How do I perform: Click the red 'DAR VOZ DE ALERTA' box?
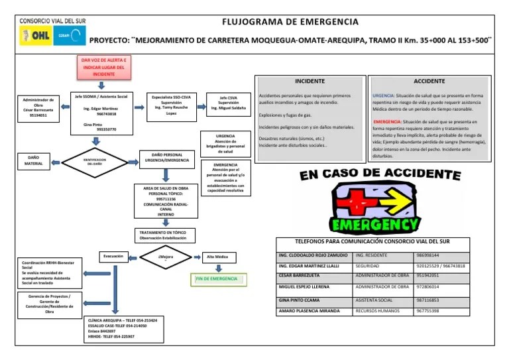pos(103,67)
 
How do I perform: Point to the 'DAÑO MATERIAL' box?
pos(34,160)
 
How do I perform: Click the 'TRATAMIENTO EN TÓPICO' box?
pos(162,236)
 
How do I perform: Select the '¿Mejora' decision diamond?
pos(166,257)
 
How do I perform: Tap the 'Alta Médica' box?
pos(217,256)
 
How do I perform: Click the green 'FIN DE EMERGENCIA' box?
pos(216,279)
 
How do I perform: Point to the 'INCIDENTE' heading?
pos(310,80)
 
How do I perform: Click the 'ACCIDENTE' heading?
pos(429,80)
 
